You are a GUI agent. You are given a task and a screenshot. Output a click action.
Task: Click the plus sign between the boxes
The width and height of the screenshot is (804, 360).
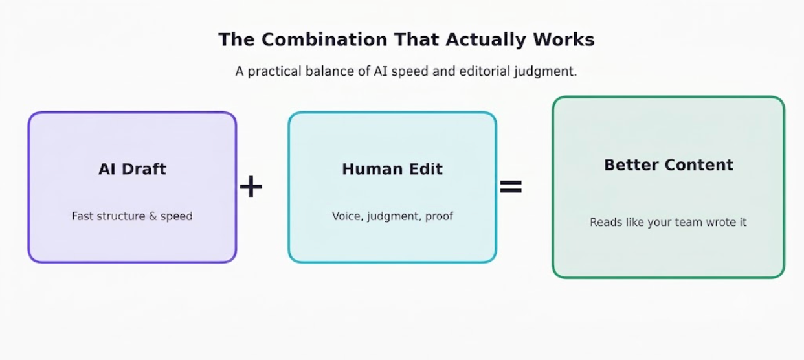click(x=251, y=186)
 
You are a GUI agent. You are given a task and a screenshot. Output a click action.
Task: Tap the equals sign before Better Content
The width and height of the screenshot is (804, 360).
click(x=510, y=186)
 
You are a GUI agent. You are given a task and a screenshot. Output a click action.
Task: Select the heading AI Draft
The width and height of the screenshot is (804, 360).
click(x=133, y=169)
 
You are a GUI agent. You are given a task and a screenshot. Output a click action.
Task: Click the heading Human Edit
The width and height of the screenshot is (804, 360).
click(x=392, y=169)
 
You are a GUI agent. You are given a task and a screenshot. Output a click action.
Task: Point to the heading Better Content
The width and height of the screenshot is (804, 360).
click(x=669, y=165)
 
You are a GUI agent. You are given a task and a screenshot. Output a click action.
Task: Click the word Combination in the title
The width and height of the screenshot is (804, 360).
click(x=324, y=39)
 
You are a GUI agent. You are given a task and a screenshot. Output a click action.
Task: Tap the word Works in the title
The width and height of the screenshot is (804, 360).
click(x=564, y=39)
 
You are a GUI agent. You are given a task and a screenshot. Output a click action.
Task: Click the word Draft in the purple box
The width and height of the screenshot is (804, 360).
click(x=144, y=169)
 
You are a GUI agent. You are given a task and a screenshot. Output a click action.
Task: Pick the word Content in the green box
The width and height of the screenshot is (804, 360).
click(x=699, y=165)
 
